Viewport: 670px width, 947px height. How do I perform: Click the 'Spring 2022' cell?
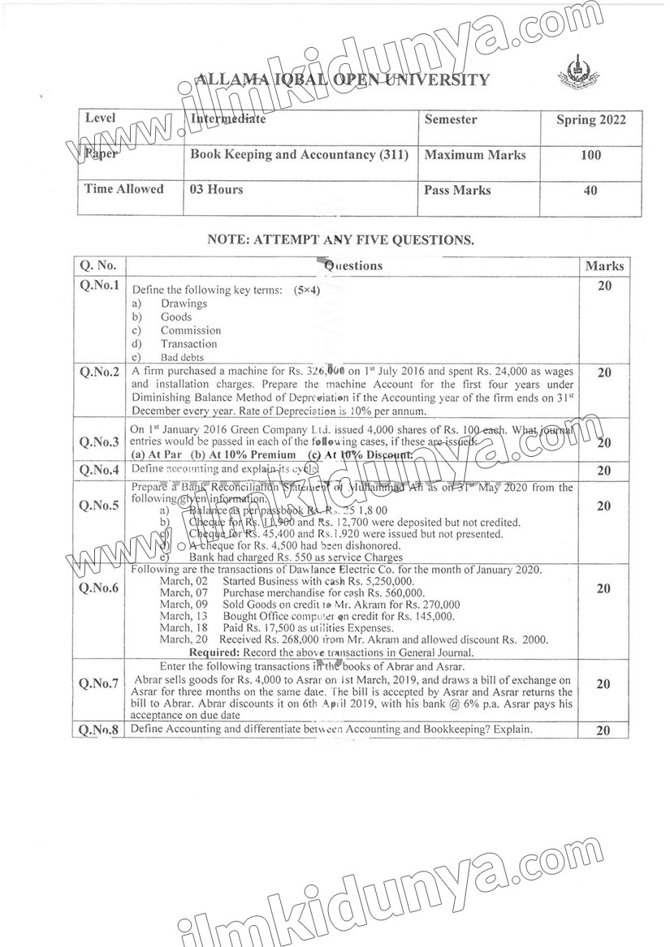[x=590, y=120]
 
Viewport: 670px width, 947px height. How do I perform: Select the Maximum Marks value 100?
[x=591, y=155]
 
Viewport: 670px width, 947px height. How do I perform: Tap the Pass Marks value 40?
[x=590, y=191]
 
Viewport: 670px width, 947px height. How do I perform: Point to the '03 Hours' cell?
[x=216, y=189]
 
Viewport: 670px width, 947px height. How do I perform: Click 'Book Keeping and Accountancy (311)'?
[x=299, y=153]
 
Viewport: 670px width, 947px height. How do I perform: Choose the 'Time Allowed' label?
[x=124, y=189]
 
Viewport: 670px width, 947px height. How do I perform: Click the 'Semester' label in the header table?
[x=451, y=119]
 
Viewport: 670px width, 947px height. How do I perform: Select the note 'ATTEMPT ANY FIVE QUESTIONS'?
[x=340, y=240]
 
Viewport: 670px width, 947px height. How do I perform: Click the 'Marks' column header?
[x=604, y=266]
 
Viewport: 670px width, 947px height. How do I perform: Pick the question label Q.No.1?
[x=100, y=286]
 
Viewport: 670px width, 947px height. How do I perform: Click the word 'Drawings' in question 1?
[x=184, y=303]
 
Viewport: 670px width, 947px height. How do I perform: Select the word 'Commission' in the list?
[x=190, y=330]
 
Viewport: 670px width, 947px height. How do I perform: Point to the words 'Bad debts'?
[x=182, y=357]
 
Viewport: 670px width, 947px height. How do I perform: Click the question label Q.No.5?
[x=100, y=506]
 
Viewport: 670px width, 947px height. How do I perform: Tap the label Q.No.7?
[x=100, y=684]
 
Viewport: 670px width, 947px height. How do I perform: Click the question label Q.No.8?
[x=100, y=730]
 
